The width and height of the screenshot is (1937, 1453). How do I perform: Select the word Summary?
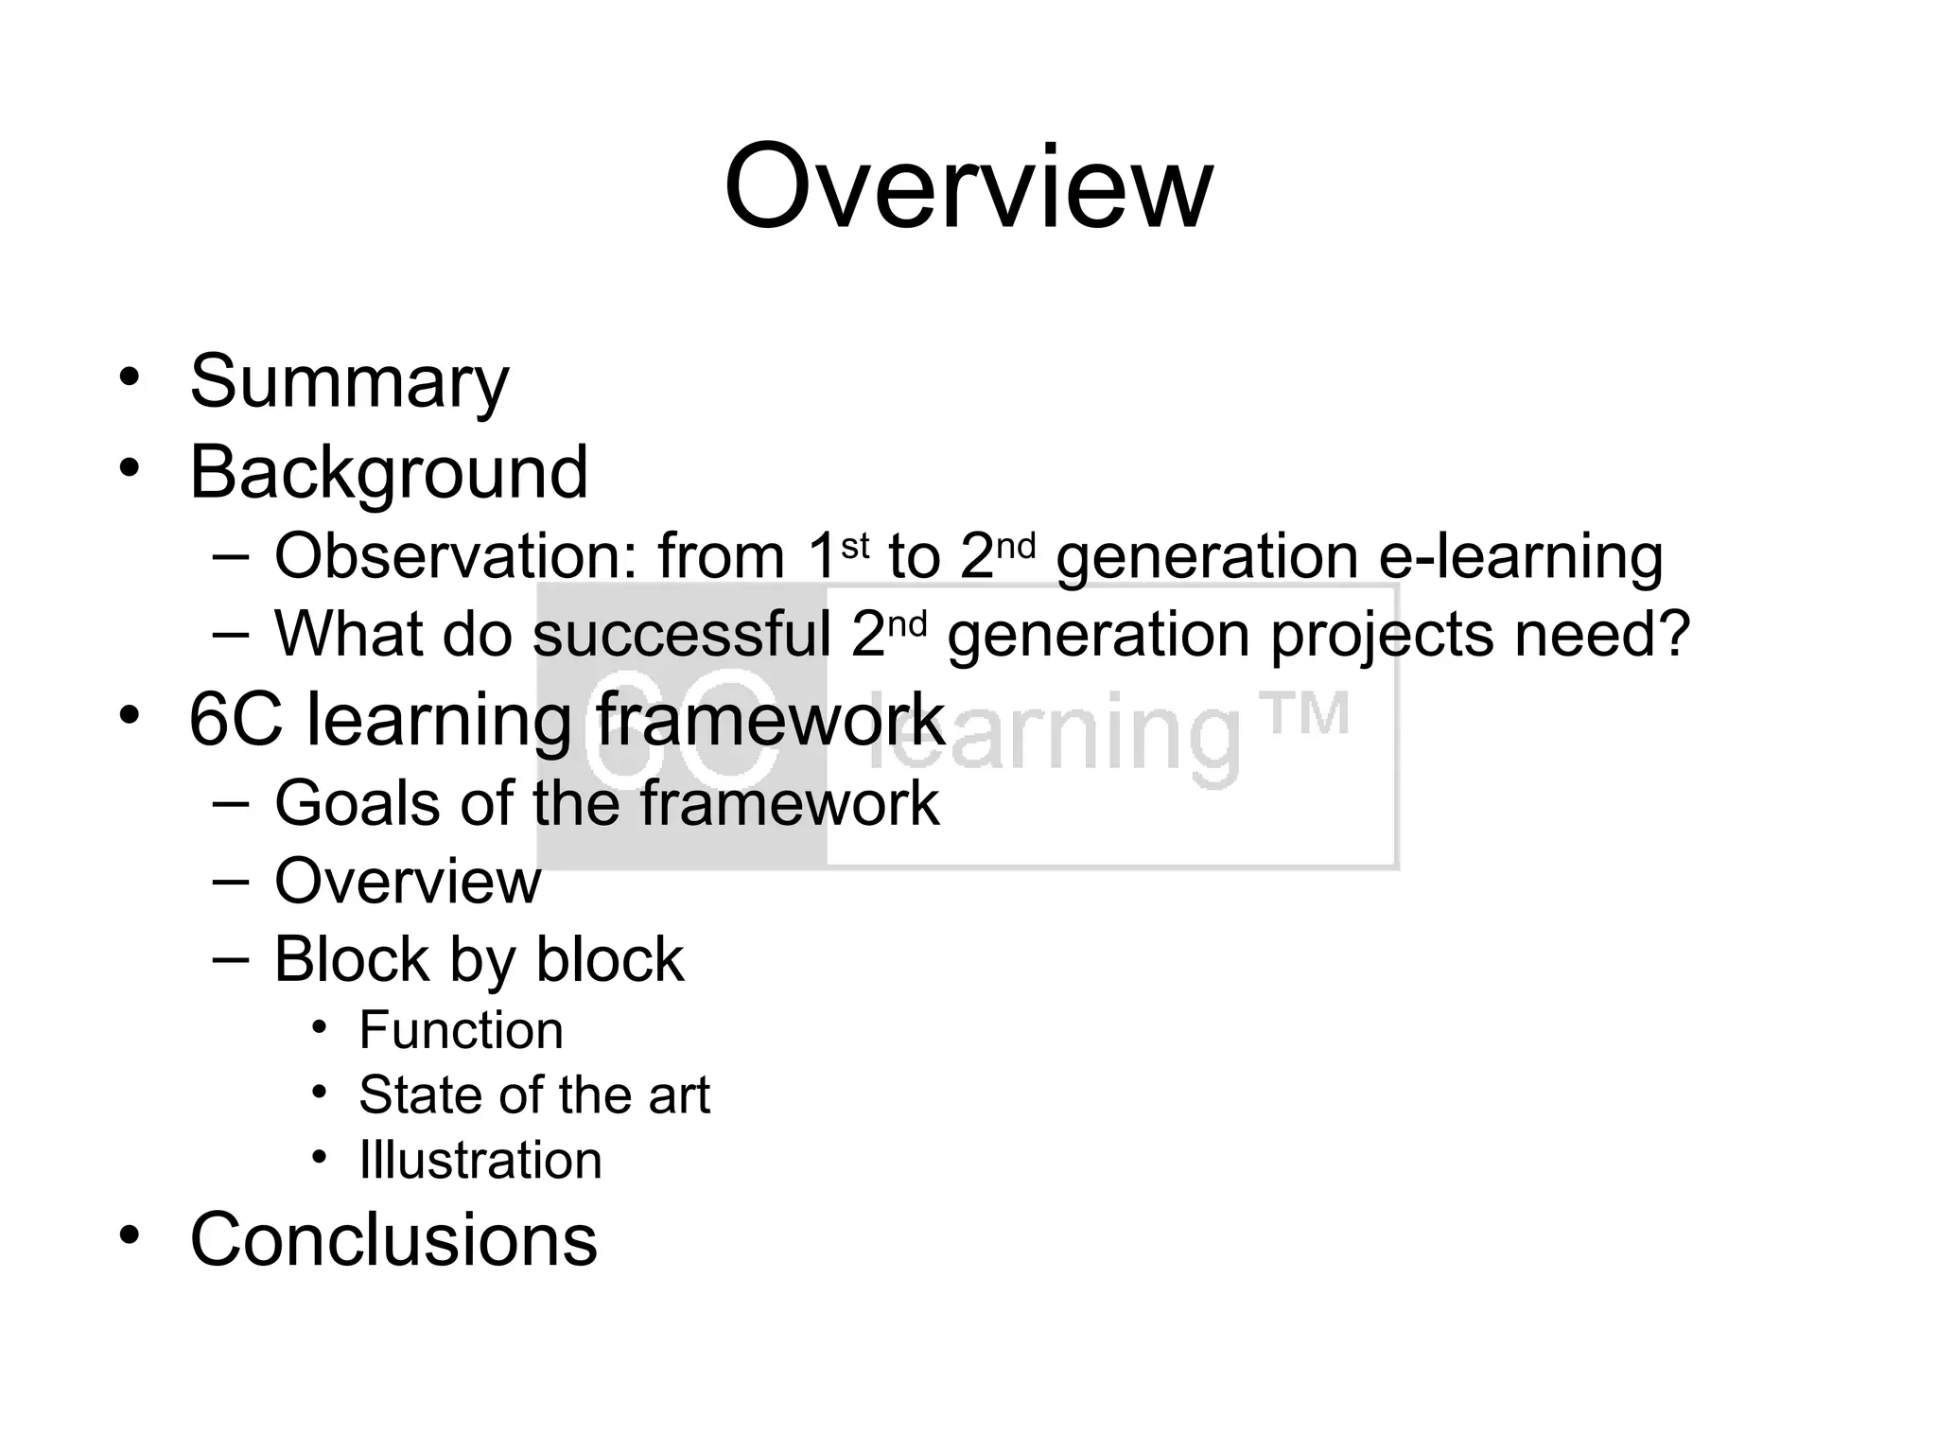349,382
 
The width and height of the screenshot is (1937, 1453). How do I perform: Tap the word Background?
389,472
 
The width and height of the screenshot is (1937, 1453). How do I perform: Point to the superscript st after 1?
855,546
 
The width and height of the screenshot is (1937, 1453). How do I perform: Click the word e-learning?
1520,556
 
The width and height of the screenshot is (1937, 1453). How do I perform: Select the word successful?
682,634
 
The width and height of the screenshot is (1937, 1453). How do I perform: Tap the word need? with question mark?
1602,634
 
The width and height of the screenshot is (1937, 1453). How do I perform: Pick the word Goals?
358,804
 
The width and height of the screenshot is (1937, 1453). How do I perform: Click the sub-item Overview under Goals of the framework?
408,882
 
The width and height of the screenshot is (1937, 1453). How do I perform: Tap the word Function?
461,1030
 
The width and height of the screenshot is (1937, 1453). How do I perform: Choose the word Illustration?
480,1161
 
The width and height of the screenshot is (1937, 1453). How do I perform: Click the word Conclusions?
393,1240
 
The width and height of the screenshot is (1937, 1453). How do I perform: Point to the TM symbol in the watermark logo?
1307,715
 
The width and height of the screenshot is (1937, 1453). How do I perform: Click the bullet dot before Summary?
130,376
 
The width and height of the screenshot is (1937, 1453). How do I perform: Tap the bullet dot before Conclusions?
130,1234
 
